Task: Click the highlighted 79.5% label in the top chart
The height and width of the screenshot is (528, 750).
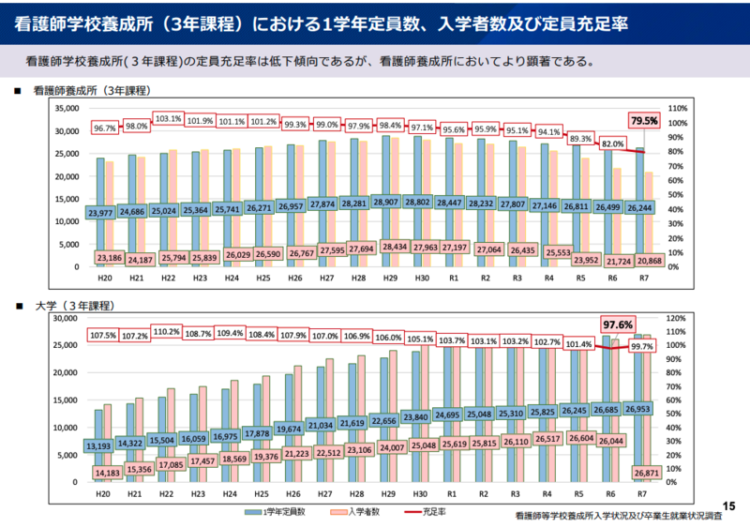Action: [645, 120]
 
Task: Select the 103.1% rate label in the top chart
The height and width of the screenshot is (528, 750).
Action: [168, 120]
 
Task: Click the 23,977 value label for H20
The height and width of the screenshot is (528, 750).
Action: [101, 214]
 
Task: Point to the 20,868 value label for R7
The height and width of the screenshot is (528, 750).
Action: [641, 260]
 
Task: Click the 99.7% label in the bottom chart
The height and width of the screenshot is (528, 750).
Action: [642, 346]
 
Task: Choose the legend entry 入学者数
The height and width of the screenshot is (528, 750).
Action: [362, 512]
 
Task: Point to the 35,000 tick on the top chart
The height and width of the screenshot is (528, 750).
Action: [64, 108]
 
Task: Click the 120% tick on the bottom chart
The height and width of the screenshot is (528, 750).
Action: [678, 318]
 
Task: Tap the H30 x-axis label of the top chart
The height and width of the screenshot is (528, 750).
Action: [420, 278]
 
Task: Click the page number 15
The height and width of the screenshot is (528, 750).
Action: [731, 505]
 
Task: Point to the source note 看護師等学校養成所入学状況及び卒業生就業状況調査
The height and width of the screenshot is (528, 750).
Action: [619, 517]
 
